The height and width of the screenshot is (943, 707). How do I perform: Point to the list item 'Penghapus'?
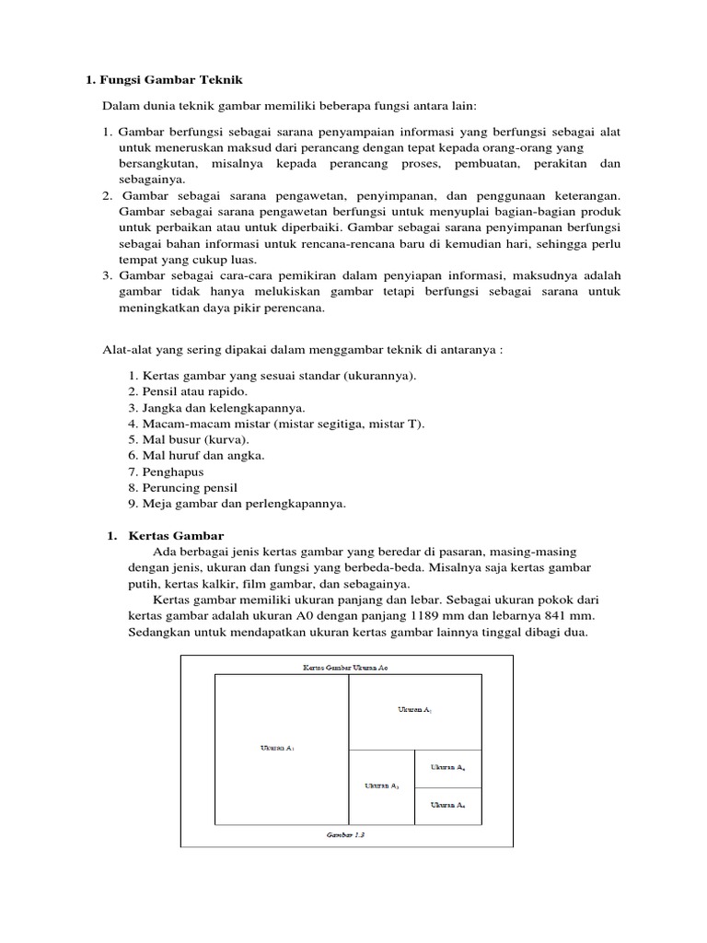coord(167,471)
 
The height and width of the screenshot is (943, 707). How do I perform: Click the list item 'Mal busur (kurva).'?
coord(181,439)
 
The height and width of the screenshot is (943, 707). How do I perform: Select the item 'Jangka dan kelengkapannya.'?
coord(204,407)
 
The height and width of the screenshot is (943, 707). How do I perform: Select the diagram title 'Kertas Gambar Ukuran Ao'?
coord(346,666)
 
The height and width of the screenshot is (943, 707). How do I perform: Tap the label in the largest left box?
coord(279,747)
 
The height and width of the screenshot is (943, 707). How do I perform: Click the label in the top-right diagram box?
coord(414,710)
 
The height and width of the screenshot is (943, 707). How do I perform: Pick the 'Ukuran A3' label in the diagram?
coord(382,786)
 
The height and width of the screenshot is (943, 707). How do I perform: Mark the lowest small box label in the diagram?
coord(448,805)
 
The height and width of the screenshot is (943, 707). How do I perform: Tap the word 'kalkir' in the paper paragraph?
coord(224,584)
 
